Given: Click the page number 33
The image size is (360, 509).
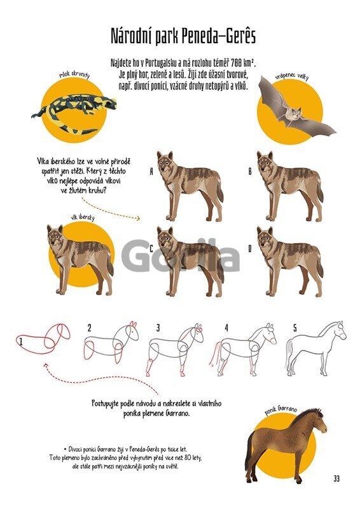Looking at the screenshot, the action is click(x=336, y=478).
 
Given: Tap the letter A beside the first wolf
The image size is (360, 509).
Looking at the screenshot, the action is click(x=151, y=171).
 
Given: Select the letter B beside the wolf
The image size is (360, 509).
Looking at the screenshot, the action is click(x=250, y=171).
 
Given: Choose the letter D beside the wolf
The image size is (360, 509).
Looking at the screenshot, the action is click(x=250, y=249).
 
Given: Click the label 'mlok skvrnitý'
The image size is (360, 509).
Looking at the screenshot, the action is click(x=74, y=74).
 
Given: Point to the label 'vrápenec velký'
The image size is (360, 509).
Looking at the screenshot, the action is click(x=291, y=76).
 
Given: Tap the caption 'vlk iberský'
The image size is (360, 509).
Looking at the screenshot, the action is click(x=83, y=217).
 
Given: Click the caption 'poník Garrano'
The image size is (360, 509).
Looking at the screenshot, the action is click(x=280, y=410).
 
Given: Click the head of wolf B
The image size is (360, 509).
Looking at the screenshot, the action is click(x=267, y=163).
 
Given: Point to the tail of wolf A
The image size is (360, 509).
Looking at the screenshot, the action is click(x=219, y=191).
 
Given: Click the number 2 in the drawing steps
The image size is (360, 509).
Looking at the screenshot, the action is click(x=89, y=328).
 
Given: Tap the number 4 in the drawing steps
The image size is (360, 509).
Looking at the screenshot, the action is click(x=226, y=328).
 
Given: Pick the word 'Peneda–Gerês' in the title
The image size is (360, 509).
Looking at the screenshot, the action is click(x=218, y=36).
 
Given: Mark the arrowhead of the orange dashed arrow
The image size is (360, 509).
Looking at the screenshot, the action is click(x=138, y=218).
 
